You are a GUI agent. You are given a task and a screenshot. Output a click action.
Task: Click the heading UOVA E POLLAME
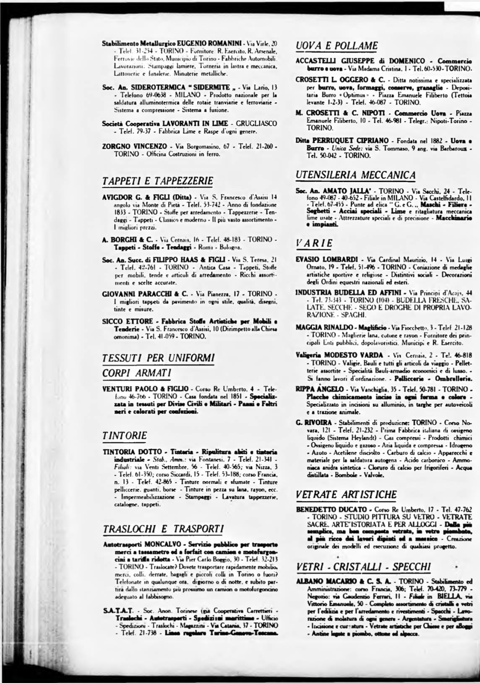click(337, 45)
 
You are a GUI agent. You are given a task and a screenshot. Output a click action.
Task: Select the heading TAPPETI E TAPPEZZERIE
click(158, 181)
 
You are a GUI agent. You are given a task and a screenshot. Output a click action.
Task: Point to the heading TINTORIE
click(125, 435)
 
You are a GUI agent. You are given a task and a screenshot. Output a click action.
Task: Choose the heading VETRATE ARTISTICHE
click(346, 494)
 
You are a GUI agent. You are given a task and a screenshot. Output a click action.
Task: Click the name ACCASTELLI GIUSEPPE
click(329, 62)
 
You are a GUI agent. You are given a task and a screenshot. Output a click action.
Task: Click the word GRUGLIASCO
click(256, 123)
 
